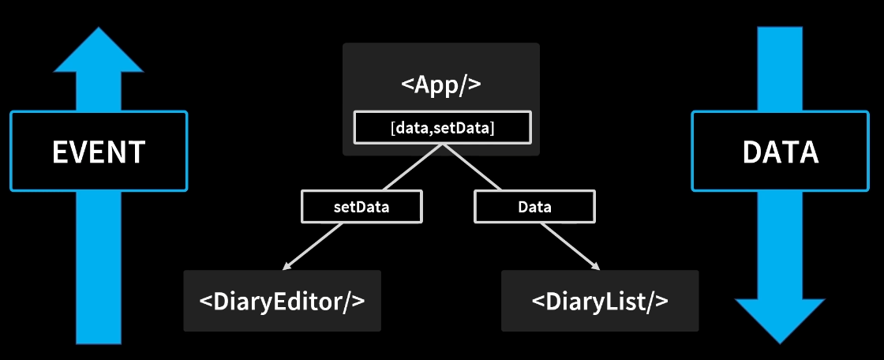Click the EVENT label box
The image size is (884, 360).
pyautogui.click(x=99, y=151)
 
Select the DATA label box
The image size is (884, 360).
pyautogui.click(x=780, y=151)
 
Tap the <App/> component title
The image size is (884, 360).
pyautogui.click(x=441, y=84)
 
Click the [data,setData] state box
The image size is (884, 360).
pyautogui.click(x=442, y=128)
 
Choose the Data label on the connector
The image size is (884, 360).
pyautogui.click(x=534, y=208)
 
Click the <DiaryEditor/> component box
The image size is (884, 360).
pyautogui.click(x=282, y=301)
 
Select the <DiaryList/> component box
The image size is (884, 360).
pyautogui.click(x=600, y=301)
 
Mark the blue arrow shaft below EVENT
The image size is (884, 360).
pyautogui.click(x=99, y=268)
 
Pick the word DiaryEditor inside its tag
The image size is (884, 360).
pyautogui.click(x=282, y=301)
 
